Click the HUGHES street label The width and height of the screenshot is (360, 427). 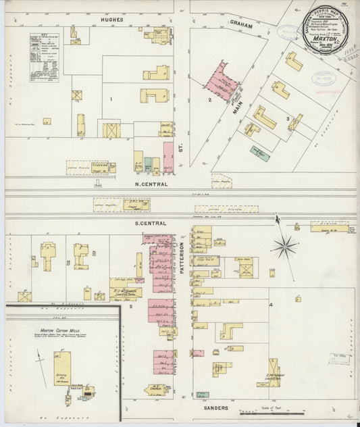[111, 20]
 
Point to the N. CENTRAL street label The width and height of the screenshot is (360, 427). [151, 184]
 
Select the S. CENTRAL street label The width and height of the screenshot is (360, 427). [151, 222]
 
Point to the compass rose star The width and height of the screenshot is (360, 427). [284, 246]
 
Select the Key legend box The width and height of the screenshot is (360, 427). [44, 58]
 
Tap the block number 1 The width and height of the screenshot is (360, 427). [110, 99]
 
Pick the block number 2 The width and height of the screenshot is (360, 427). [210, 100]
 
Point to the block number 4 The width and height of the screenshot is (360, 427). [271, 305]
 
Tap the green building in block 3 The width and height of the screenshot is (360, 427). [259, 154]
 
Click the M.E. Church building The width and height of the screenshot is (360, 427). [157, 388]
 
